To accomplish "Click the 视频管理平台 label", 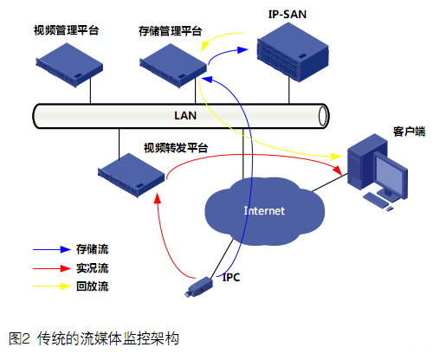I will point(66,30).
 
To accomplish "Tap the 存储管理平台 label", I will point(170,30).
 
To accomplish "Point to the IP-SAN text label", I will point(288,14).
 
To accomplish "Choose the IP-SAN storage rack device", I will point(289,54).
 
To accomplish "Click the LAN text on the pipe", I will point(184,114).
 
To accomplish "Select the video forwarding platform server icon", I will point(130,172).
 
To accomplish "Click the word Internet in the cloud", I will point(264,210).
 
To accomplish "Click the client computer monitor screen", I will point(389,175).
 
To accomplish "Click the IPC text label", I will point(231,277).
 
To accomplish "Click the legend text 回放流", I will point(93,286).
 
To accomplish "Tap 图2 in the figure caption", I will point(20,338).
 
